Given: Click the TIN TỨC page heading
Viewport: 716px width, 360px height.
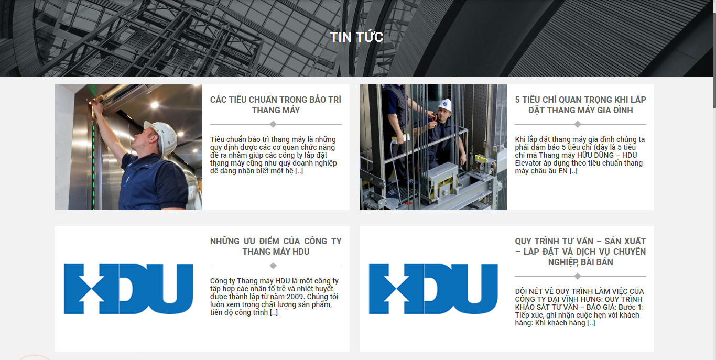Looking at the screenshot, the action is click(x=356, y=37).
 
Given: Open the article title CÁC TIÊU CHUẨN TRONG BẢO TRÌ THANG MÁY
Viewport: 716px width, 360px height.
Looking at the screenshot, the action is click(x=276, y=105).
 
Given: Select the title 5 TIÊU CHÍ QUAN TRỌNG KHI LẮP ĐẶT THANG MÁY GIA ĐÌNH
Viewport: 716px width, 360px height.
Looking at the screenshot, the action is click(x=580, y=105).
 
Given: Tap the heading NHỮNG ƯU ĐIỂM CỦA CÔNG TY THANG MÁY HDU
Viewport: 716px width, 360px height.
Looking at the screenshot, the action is click(x=276, y=246).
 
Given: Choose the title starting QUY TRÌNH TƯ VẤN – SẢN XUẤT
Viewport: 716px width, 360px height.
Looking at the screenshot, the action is click(x=580, y=252).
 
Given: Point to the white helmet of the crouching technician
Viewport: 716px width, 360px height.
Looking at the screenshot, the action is click(x=445, y=105).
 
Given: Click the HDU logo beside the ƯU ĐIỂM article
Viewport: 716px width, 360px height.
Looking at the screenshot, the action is click(x=128, y=289).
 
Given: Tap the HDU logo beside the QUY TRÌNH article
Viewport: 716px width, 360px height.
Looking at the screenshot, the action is click(x=433, y=289).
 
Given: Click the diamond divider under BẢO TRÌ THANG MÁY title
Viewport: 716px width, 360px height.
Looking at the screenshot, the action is click(x=273, y=124).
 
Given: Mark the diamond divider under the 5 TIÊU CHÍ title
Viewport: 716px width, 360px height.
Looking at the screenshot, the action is click(x=577, y=124).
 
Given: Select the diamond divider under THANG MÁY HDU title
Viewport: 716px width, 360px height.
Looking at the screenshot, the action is click(x=273, y=266).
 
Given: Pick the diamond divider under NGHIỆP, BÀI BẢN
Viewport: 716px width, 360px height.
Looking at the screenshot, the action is click(x=577, y=276).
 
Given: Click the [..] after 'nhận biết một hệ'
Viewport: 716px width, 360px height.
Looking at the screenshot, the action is click(x=299, y=171).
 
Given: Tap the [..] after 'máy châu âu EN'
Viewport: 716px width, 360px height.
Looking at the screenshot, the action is click(x=573, y=171).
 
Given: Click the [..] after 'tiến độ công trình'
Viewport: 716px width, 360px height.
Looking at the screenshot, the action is click(x=274, y=312).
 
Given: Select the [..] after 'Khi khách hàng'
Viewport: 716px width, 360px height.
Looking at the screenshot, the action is click(x=591, y=323).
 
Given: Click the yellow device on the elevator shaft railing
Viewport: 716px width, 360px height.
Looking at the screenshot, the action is click(x=401, y=138).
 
